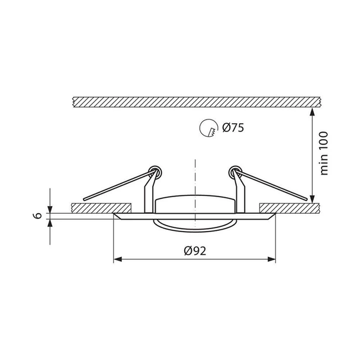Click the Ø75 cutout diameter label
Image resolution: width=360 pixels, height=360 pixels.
[x=233, y=128]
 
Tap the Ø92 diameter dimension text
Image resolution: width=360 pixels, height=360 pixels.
[x=195, y=250]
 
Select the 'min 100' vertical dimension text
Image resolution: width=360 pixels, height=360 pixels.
[x=324, y=153]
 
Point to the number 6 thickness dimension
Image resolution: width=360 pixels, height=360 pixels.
[x=38, y=216]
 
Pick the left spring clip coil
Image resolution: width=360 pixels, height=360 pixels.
[x=155, y=172]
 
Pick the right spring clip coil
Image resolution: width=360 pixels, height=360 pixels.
[x=235, y=172]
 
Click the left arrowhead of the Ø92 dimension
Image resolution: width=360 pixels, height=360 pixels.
[x=118, y=259]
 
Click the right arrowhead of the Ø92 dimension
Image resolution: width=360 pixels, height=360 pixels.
[x=272, y=259]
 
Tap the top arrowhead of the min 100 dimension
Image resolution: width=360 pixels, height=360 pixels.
[x=312, y=111]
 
